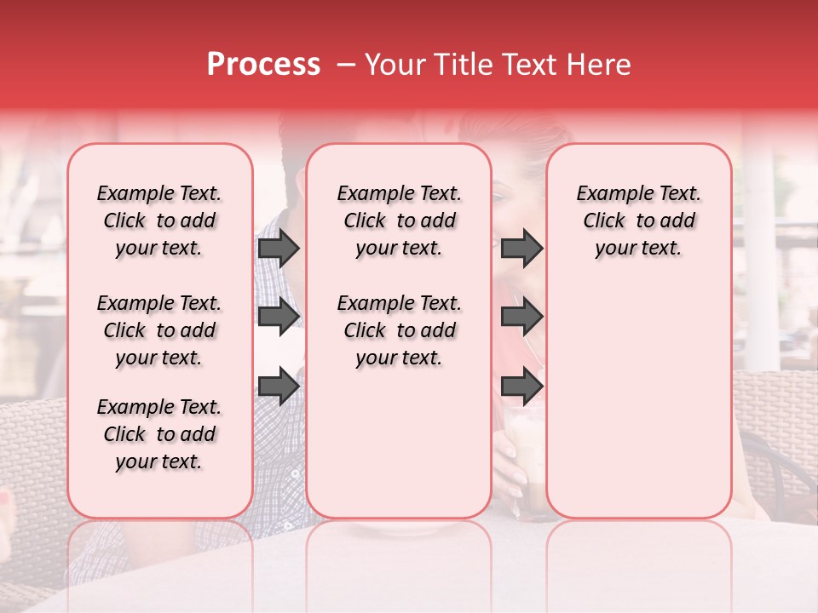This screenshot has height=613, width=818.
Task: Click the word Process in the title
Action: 263,65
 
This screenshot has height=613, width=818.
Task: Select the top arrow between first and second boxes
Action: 279,249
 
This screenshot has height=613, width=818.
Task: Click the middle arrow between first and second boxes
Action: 279,317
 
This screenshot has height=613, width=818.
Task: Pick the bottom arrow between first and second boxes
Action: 279,386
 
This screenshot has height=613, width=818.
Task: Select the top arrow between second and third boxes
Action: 521,249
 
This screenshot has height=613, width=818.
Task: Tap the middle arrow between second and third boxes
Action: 521,317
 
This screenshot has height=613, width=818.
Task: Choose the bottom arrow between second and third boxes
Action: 521,386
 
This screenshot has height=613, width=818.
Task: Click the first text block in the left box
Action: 159,221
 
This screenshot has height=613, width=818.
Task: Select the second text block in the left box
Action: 159,330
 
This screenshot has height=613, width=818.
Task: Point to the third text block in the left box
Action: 159,434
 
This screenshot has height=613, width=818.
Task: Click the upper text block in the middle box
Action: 399,221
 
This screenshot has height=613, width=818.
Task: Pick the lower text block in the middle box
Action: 399,330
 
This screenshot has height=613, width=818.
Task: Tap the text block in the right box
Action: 638,221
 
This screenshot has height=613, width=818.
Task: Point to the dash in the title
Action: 346,65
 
